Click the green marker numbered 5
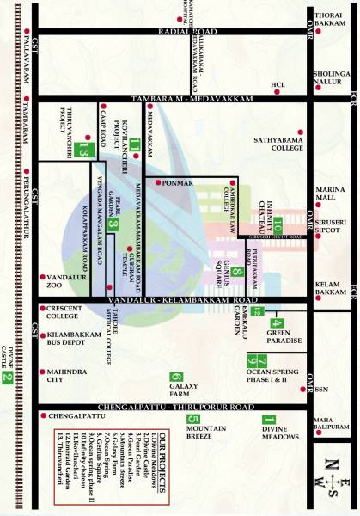coord(192,420)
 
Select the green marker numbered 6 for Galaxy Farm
coord(176,377)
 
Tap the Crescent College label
coord(64,310)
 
